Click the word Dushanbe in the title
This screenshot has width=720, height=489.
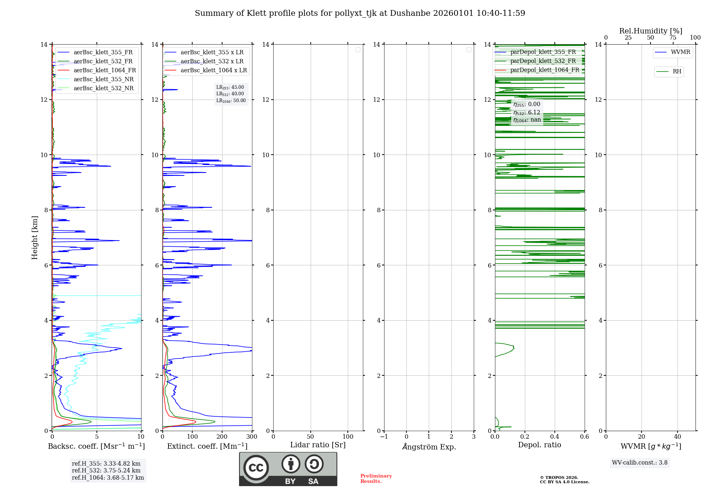410,13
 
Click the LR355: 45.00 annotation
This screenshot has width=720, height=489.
230,87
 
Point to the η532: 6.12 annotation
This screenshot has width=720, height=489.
527,113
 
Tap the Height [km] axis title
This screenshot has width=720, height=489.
35,238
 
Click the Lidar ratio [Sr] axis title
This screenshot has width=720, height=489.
318,445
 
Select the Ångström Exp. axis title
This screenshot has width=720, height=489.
429,447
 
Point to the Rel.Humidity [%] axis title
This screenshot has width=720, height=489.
651,31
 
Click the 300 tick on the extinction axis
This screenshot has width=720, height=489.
252,437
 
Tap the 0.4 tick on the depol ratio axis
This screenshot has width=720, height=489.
555,437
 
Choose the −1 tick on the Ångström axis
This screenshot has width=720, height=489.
384,437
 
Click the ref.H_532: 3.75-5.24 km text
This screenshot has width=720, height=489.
106,471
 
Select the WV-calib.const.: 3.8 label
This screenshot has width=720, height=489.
640,463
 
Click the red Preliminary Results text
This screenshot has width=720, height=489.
376,479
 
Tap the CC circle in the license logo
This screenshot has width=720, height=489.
256,468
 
